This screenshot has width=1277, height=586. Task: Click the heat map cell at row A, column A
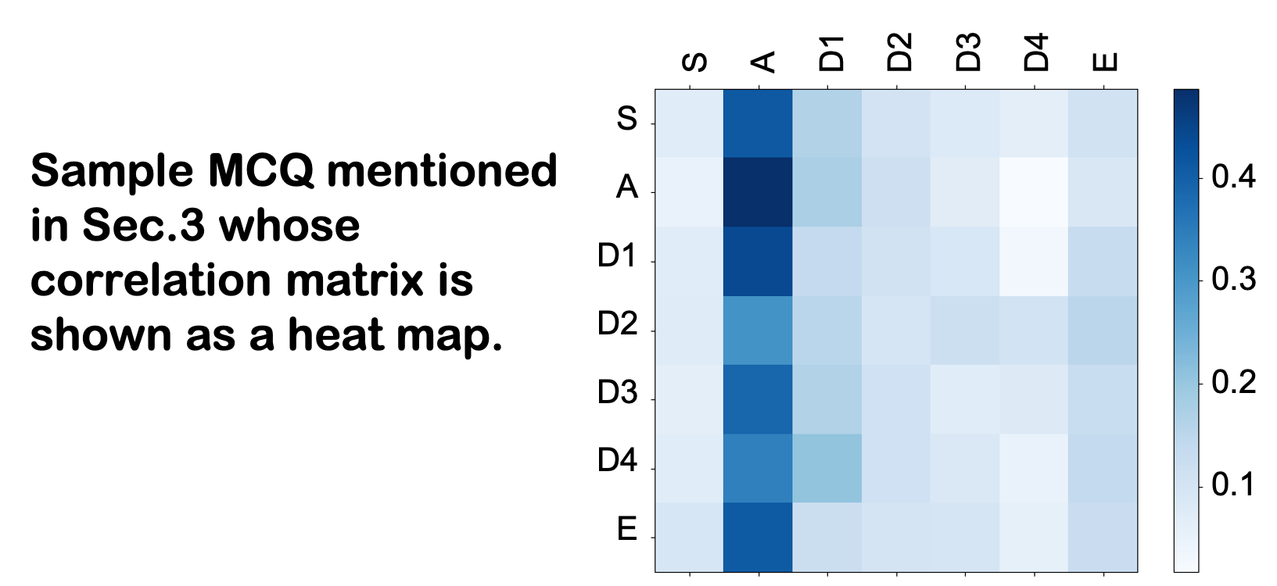759,192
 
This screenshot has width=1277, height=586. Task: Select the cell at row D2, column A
759,331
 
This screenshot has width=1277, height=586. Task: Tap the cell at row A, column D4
1034,192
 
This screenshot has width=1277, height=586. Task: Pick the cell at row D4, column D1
827,468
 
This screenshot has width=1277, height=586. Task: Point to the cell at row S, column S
689,123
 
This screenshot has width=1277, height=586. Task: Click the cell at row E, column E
1103,537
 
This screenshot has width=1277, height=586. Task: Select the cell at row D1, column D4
1034,262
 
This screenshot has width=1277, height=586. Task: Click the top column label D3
967,52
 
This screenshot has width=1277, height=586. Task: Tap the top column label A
762,62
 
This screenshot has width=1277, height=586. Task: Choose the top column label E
1105,62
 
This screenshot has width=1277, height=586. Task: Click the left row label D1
617,255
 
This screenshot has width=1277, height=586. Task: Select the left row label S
626,119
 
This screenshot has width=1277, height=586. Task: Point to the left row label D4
617,460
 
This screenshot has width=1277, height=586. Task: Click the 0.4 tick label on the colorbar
1233,177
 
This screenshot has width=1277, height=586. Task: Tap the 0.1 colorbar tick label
1233,484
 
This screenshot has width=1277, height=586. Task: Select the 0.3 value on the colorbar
1233,279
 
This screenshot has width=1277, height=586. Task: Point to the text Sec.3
144,226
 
